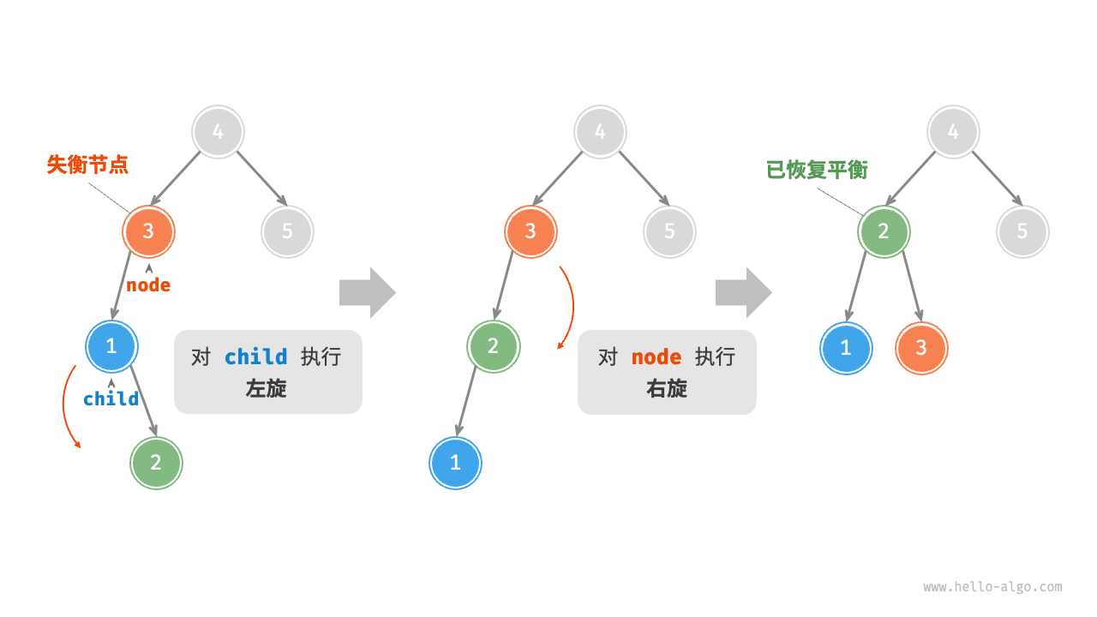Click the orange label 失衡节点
pyautogui.click(x=87, y=165)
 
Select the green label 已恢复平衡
pyautogui.click(x=817, y=170)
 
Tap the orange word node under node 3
pyautogui.click(x=148, y=285)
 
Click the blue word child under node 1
pyautogui.click(x=111, y=398)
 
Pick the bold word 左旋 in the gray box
pyautogui.click(x=267, y=388)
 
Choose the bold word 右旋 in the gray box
pyautogui.click(x=667, y=388)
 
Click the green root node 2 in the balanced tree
pyautogui.click(x=884, y=231)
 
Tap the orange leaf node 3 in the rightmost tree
pyautogui.click(x=921, y=348)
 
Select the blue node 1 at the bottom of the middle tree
pyautogui.click(x=455, y=463)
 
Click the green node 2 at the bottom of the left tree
pyautogui.click(x=156, y=463)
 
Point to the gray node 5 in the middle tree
pyautogui.click(x=669, y=231)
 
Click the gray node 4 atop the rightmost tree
pyautogui.click(x=953, y=132)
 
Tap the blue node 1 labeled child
pyautogui.click(x=111, y=346)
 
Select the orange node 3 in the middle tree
pyautogui.click(x=531, y=231)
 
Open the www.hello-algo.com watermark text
pyautogui.click(x=992, y=587)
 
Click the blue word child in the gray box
pyautogui.click(x=255, y=357)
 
